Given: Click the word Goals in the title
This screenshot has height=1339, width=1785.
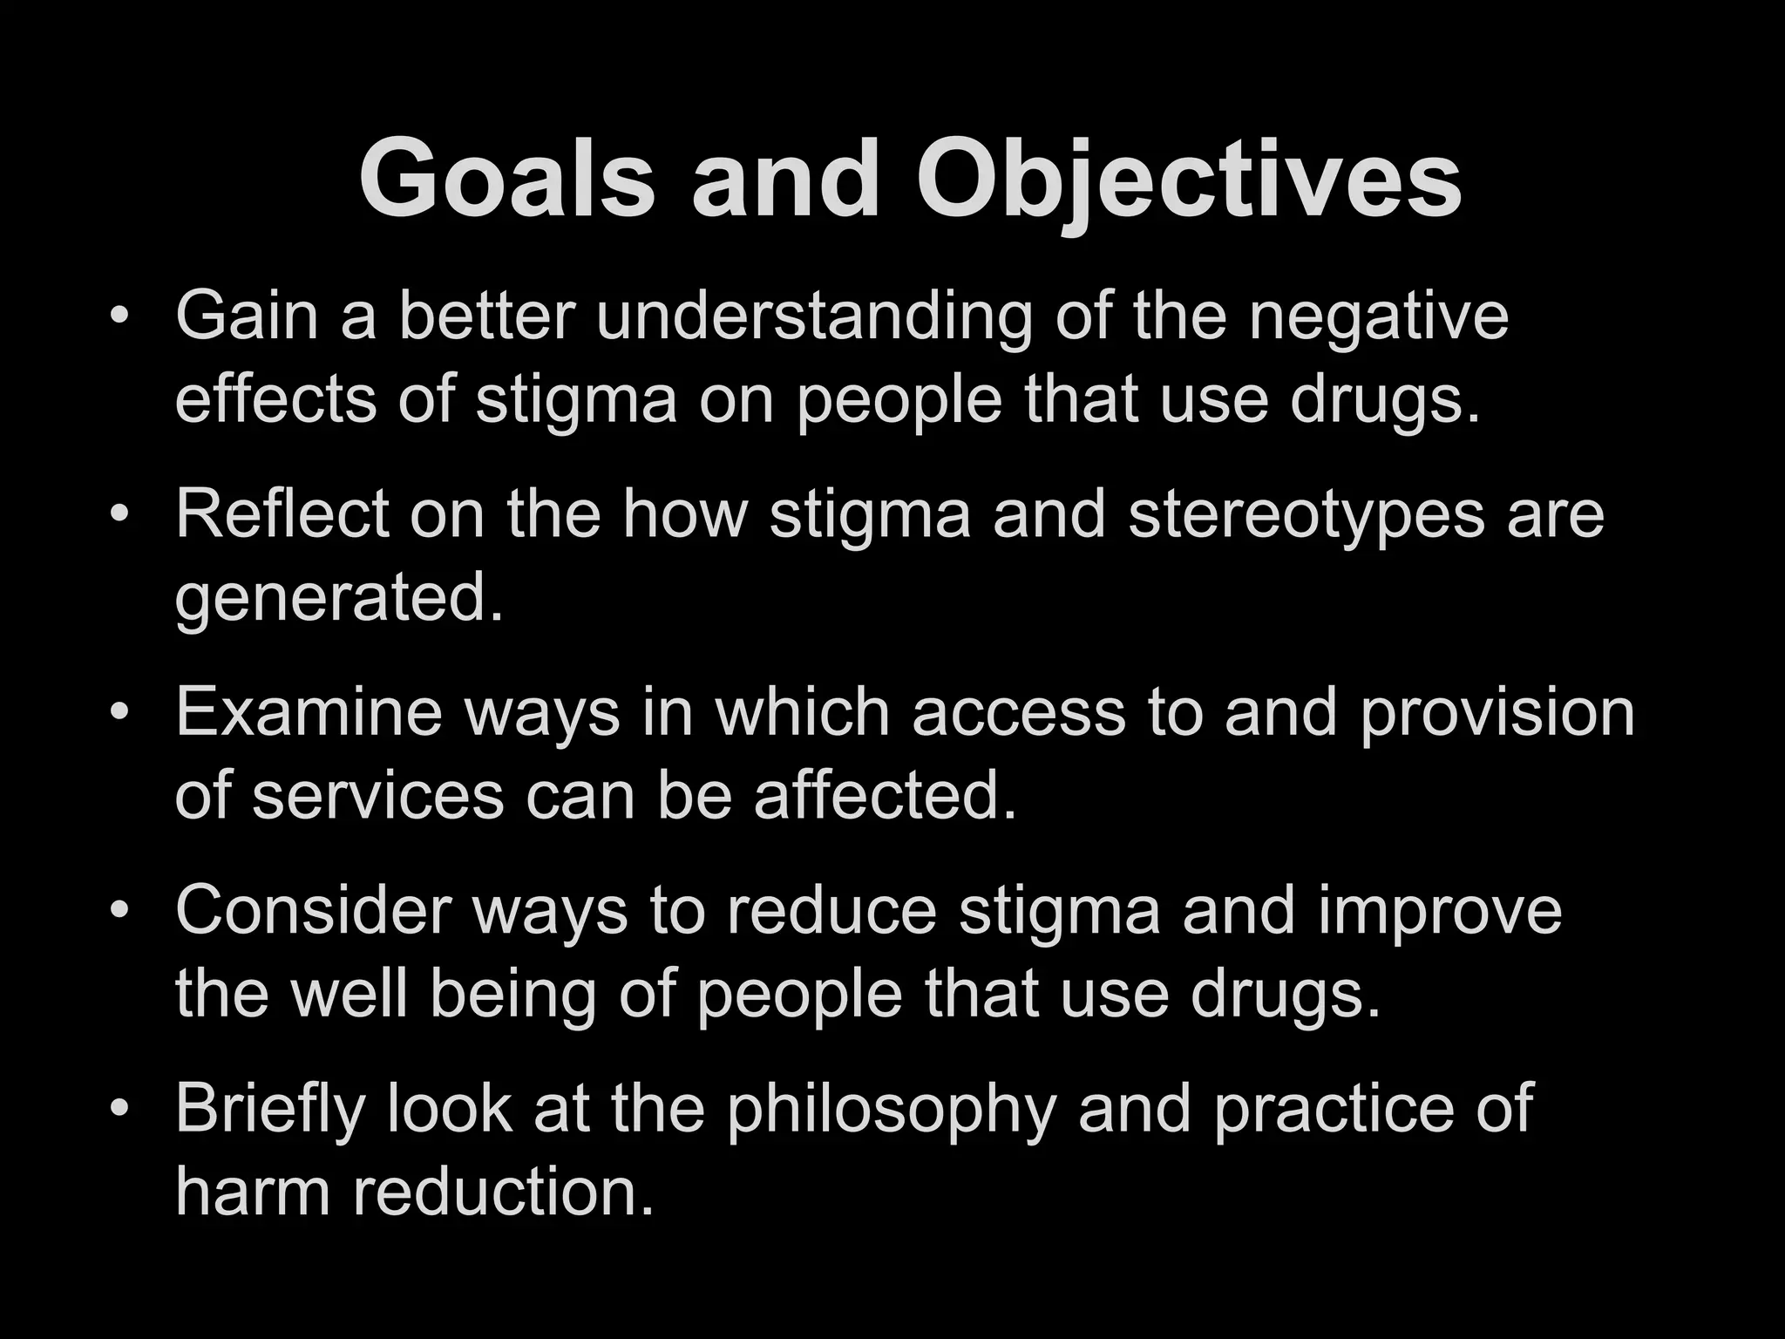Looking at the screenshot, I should [506, 180].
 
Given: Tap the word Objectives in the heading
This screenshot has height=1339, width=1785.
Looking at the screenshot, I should [1189, 180].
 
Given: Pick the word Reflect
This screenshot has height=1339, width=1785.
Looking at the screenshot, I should [282, 513].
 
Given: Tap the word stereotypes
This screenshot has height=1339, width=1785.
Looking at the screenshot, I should [1306, 515].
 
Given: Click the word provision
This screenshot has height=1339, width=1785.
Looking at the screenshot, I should [1497, 714].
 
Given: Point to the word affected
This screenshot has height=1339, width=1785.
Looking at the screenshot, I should [886, 795].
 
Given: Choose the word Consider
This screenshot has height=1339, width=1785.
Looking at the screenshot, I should [313, 910].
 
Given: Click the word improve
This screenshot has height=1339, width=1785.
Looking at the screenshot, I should [1440, 912].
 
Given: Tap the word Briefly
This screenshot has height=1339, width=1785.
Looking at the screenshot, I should [270, 1110].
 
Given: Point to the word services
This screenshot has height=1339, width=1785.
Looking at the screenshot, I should [378, 795].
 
